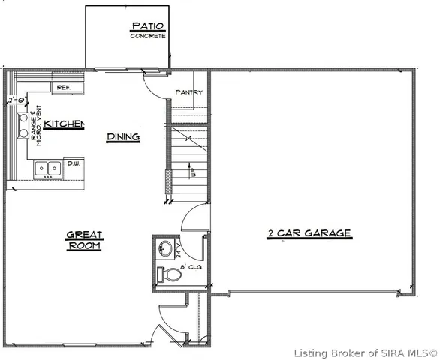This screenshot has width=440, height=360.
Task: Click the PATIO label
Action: (147, 26)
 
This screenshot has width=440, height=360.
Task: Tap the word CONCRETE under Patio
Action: (147, 35)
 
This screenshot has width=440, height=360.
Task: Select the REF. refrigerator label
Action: (63, 87)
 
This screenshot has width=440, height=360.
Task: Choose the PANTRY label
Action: (188, 92)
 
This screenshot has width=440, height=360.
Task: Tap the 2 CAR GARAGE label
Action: (309, 233)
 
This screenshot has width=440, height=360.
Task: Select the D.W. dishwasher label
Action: (74, 163)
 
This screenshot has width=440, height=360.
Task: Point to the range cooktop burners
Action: (24, 126)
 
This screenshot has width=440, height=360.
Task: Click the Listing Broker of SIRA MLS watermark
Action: (365, 352)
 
